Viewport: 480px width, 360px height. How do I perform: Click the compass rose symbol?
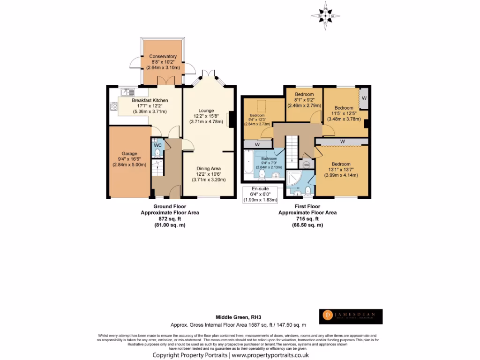(x=325, y=15)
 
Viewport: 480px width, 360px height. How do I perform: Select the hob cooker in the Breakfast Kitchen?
(x=113, y=107)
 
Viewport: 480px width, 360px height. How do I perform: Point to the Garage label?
(x=129, y=153)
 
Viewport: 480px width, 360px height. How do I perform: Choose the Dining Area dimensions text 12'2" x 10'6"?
(x=208, y=174)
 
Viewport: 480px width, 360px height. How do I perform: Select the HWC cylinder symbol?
(x=307, y=165)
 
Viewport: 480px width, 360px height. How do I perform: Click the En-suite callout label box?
(x=260, y=195)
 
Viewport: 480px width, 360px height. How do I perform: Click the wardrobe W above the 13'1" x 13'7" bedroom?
(x=342, y=141)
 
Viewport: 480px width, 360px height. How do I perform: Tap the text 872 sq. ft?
(x=170, y=219)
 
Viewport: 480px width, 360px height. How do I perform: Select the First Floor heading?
(x=307, y=206)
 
